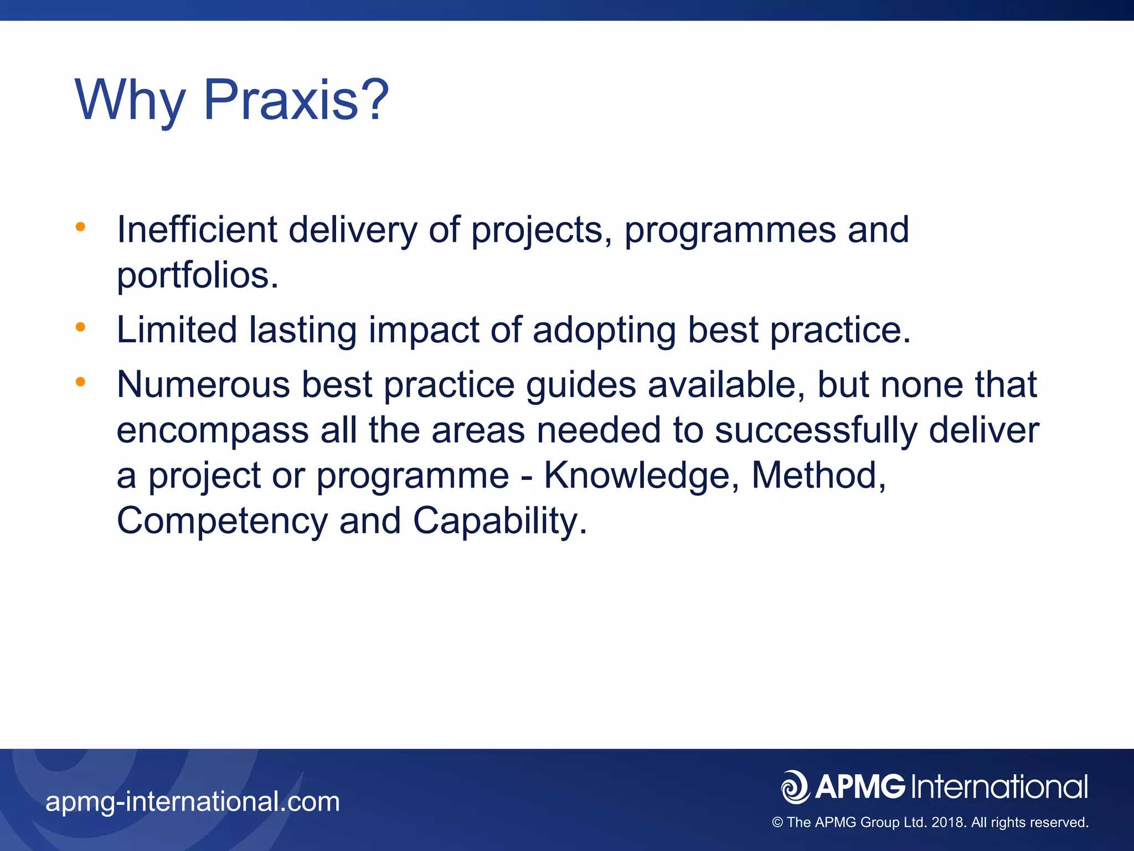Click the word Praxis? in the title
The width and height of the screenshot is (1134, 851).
pyautogui.click(x=296, y=100)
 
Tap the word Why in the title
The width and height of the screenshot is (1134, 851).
pyautogui.click(x=130, y=101)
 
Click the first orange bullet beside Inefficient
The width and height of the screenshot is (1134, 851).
pyautogui.click(x=81, y=227)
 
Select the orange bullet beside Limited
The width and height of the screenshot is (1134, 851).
pyautogui.click(x=81, y=327)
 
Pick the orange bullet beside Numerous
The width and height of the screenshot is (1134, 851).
pyautogui.click(x=81, y=382)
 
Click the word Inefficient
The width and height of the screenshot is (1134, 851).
pyautogui.click(x=197, y=229)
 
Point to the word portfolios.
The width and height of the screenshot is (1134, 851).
pyautogui.click(x=197, y=275)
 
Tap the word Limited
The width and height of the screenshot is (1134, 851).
pyautogui.click(x=177, y=330)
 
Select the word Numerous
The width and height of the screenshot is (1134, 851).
pyautogui.click(x=203, y=385)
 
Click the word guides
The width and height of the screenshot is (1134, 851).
pyautogui.click(x=581, y=386)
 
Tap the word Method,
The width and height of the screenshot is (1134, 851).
pyautogui.click(x=819, y=476)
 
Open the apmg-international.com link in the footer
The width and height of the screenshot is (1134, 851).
pyautogui.click(x=193, y=802)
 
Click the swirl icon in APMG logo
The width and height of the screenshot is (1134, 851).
pyautogui.click(x=795, y=787)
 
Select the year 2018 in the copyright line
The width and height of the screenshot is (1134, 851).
pyautogui.click(x=949, y=823)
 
